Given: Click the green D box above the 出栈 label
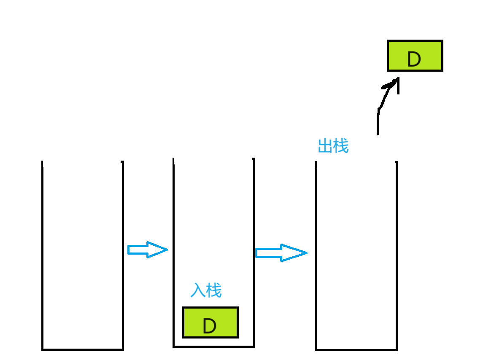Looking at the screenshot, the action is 415,56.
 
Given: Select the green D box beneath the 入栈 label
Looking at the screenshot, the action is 210,322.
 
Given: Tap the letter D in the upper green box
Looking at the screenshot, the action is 414,59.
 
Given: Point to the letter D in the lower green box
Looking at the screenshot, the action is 209,326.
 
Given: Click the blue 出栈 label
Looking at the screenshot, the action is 333,146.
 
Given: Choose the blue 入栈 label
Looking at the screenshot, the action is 206,290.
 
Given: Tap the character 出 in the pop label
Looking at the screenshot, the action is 325,146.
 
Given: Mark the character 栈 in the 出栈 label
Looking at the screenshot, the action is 341,146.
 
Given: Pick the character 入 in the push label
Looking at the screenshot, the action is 198,290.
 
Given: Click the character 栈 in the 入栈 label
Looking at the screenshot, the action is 214,290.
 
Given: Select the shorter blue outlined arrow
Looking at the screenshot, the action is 147,250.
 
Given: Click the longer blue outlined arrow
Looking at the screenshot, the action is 281,253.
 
